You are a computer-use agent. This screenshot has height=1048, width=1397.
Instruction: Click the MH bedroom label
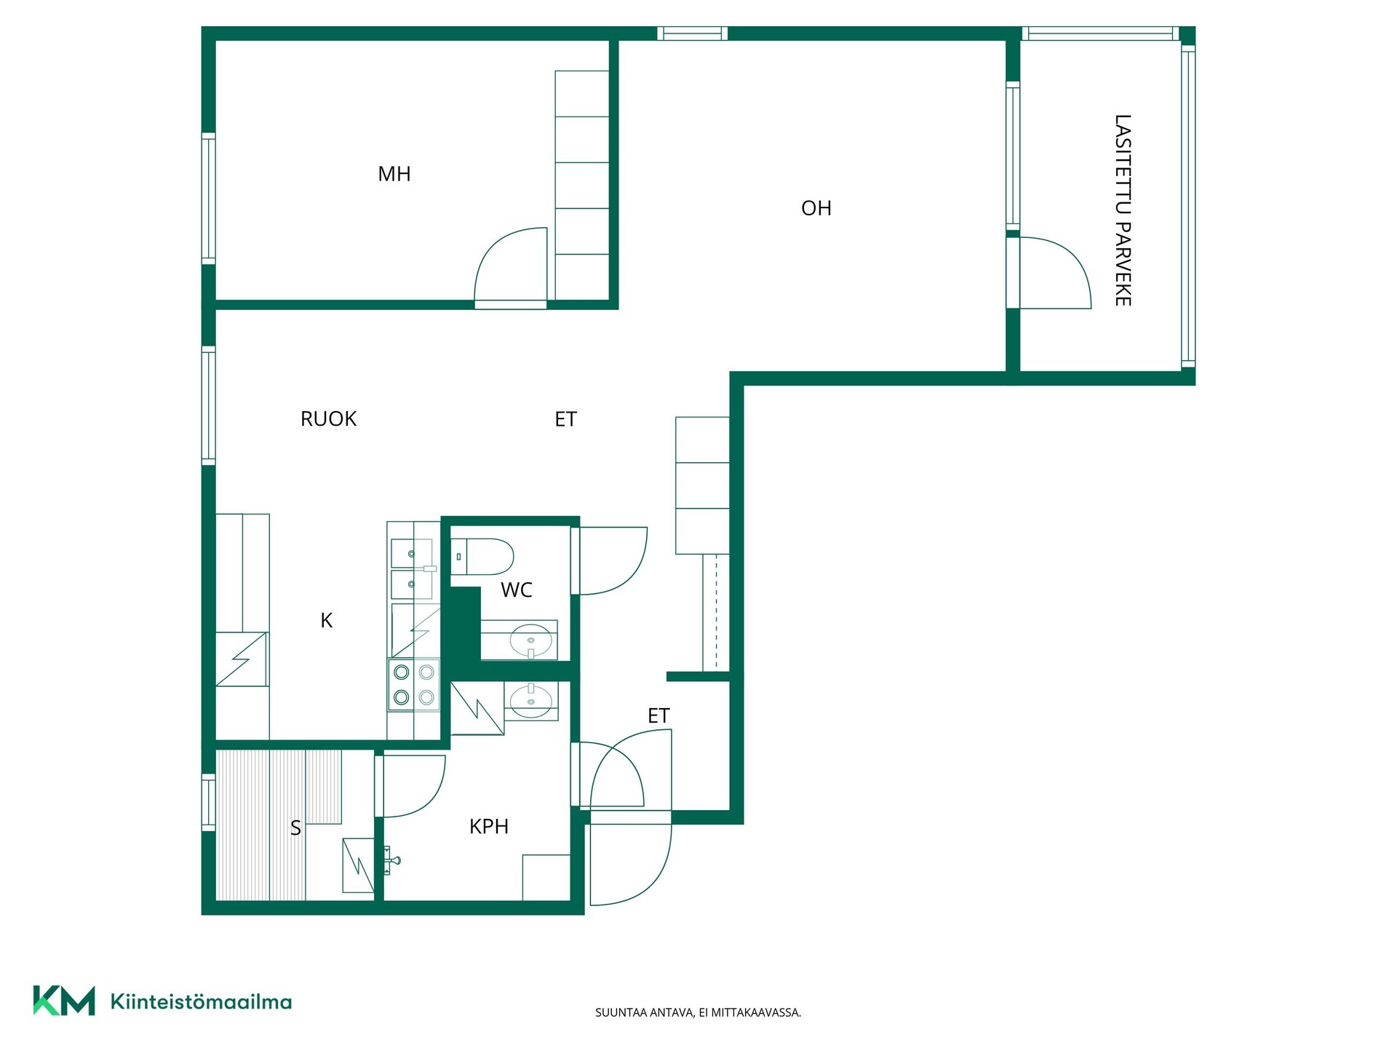click(394, 174)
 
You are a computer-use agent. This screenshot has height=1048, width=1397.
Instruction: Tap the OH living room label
click(816, 208)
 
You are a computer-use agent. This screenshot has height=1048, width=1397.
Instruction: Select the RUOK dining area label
click(328, 419)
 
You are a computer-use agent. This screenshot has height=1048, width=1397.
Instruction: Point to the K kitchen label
click(327, 620)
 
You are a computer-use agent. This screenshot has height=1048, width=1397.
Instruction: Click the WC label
click(517, 589)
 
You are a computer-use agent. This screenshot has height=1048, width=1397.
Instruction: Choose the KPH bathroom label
click(489, 827)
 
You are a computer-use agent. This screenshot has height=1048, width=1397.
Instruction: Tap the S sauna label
click(295, 828)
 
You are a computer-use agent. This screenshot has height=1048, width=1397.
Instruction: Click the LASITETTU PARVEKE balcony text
click(1123, 210)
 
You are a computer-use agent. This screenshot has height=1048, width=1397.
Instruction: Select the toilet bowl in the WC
click(482, 557)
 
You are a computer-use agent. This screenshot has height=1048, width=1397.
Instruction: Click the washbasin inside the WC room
click(530, 640)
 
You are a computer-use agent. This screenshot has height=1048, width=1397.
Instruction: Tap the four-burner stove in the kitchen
click(413, 685)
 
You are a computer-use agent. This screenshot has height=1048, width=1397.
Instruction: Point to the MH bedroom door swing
click(510, 264)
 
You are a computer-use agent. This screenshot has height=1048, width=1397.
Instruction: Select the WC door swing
click(613, 561)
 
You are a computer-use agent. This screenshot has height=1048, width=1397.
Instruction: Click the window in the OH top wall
click(693, 33)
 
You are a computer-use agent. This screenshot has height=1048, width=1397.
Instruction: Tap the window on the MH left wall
click(209, 199)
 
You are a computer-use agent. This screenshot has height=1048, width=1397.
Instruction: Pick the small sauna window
click(209, 803)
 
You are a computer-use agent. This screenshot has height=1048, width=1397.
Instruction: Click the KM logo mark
click(64, 1001)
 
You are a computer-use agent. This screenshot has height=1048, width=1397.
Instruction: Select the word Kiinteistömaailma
click(201, 1001)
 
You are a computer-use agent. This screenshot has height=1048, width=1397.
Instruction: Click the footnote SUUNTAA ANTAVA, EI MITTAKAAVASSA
click(698, 1012)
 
